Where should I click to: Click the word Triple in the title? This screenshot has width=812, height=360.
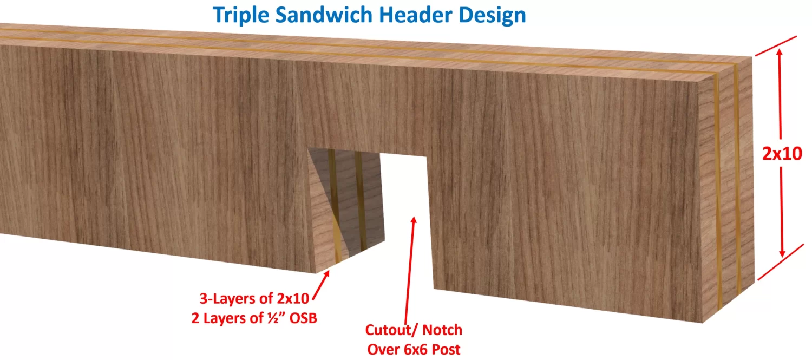point(240,15)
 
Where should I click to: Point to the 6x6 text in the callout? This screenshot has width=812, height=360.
point(417,349)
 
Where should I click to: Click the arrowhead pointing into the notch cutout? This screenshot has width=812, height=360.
point(414,220)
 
